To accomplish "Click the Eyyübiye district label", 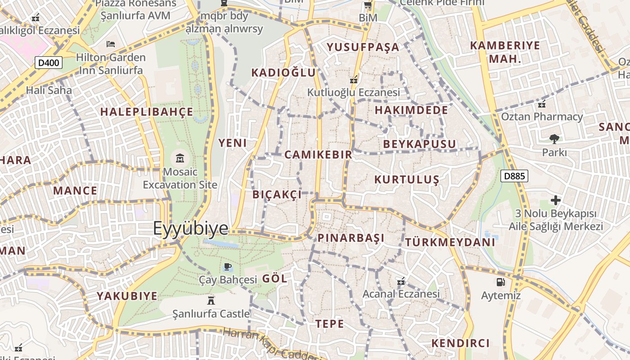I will pos(191,229).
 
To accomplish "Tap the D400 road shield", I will pos(48,63).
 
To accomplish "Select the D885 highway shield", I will pos(514,176).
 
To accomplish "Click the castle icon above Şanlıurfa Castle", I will pos(211,300).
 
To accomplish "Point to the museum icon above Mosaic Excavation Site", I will pos(180,158).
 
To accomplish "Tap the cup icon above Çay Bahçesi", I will pos(228,267).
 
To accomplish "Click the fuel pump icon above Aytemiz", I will pos(500,282).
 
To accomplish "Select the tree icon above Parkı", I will pos(554,139).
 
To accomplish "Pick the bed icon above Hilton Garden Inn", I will pos(111,44).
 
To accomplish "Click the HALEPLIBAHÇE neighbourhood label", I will pos(147,112).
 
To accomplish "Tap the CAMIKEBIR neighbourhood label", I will pos(318,155).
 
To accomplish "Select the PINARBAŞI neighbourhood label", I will pos(351,238).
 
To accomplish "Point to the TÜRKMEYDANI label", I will pos(450,242).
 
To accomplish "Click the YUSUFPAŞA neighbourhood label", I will pos(363,47).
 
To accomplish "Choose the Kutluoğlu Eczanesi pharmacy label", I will pos(353,92).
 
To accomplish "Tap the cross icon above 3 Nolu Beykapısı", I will pos(556,200).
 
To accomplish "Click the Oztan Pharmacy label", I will pos(542,117).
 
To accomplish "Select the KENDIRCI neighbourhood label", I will pos(460,343).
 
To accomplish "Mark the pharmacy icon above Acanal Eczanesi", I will pos(401,282).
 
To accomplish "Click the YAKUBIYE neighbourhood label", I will pos(127,296).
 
